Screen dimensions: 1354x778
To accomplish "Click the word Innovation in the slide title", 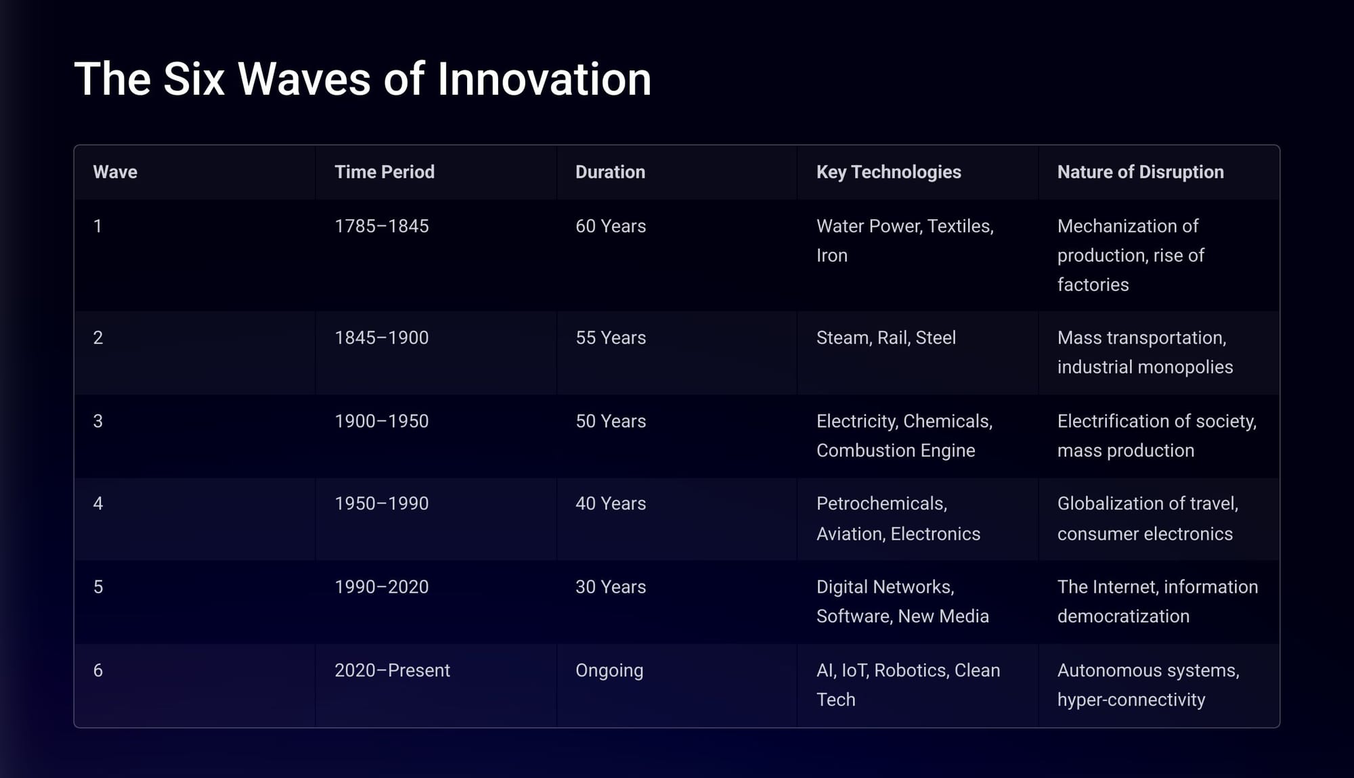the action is coord(544,79).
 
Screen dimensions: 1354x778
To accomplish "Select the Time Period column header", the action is coord(385,172).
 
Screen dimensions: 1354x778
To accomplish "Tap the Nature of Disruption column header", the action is coord(1141,172).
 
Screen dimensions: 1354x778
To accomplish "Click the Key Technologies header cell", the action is coord(889,172).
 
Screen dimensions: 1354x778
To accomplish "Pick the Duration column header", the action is coord(610,172).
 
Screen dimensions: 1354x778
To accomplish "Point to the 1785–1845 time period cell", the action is coord(382,226).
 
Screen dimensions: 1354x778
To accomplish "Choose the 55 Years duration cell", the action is coord(611,338).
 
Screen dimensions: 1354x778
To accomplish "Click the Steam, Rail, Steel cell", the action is coord(886,338).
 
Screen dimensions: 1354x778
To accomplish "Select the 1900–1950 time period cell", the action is coord(382,421).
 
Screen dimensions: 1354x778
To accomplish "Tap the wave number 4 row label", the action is coord(98,503).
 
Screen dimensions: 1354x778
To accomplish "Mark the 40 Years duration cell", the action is coord(611,503).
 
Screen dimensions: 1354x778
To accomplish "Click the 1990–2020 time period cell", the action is coord(382,587).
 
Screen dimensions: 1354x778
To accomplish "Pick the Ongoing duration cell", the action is coord(609,670).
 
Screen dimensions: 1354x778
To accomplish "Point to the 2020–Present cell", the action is coord(392,670).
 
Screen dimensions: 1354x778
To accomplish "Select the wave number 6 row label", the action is coord(98,670).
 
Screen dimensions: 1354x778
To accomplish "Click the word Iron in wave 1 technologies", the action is coord(832,255).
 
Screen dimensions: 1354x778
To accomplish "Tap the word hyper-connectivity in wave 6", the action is coord(1131,700).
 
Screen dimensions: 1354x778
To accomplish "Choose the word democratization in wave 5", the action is coord(1123,616).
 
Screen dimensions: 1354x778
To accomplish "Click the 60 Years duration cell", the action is coord(611,226).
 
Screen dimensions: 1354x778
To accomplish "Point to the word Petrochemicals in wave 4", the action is coord(881,504).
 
